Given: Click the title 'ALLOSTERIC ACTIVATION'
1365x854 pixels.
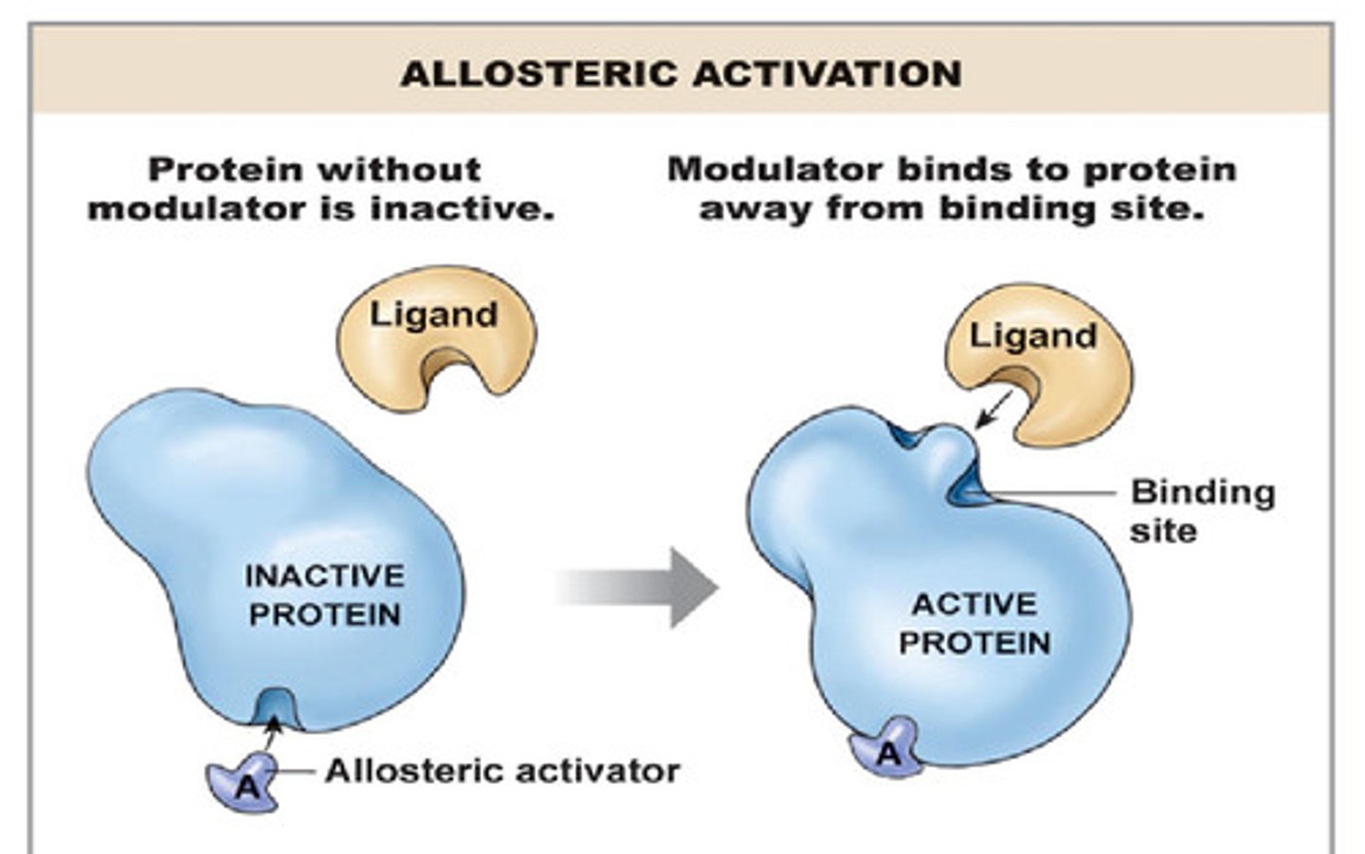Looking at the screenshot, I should click(x=681, y=74).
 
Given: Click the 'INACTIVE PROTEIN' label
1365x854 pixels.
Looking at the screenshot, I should click(x=324, y=595).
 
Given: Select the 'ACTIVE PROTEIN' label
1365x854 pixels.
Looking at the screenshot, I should click(x=974, y=624).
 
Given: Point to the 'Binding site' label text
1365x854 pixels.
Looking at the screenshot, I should click(x=1201, y=510).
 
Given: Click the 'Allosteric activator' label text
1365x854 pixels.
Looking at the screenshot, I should click(x=502, y=772).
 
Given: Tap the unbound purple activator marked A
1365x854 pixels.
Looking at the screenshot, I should click(x=245, y=783).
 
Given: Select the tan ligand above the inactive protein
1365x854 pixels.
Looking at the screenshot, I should click(x=436, y=332).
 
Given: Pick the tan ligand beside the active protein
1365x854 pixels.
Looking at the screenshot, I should click(x=1052, y=360).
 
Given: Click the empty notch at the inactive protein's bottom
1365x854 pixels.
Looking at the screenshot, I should click(x=276, y=706).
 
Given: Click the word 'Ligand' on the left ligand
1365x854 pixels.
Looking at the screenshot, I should click(x=433, y=314).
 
